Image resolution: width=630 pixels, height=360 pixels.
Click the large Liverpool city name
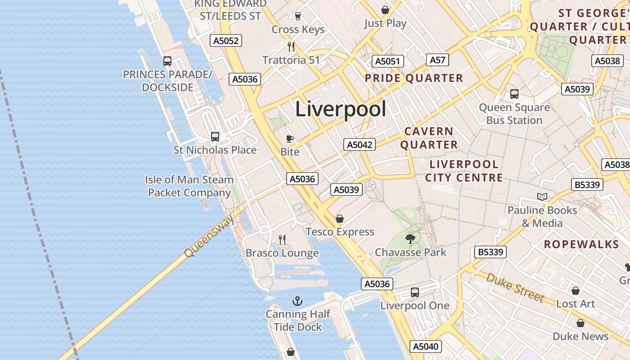tap(341, 109)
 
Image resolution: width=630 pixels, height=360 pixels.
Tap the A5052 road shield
tap(226, 40)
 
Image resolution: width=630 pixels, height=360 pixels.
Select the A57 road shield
tap(437, 60)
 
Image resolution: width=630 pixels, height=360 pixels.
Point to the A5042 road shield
tap(359, 144)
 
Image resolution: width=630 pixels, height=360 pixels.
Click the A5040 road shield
tap(426, 346)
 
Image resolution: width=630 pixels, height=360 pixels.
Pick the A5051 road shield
tap(387, 61)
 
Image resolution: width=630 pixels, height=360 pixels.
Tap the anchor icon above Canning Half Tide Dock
tap(297, 301)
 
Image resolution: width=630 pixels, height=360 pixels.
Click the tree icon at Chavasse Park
tap(410, 238)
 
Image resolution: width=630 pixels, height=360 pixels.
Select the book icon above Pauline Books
tap(542, 197)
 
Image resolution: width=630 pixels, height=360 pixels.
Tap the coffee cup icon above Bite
tap(290, 139)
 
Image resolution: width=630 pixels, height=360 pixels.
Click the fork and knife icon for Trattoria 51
tap(291, 46)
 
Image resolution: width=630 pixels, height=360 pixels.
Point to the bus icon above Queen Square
tap(514, 94)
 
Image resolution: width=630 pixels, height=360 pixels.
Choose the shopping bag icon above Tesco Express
tap(340, 219)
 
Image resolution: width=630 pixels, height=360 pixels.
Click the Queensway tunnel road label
tap(210, 235)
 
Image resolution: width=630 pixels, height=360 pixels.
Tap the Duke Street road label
tap(515, 288)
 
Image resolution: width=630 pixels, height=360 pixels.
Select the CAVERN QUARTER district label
tap(429, 138)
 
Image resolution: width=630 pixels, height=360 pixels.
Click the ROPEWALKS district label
tap(581, 244)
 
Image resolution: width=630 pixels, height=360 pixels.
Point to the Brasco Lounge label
tap(282, 253)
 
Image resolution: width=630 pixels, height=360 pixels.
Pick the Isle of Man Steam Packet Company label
tap(189, 186)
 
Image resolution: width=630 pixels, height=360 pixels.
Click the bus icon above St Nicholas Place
tap(215, 136)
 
